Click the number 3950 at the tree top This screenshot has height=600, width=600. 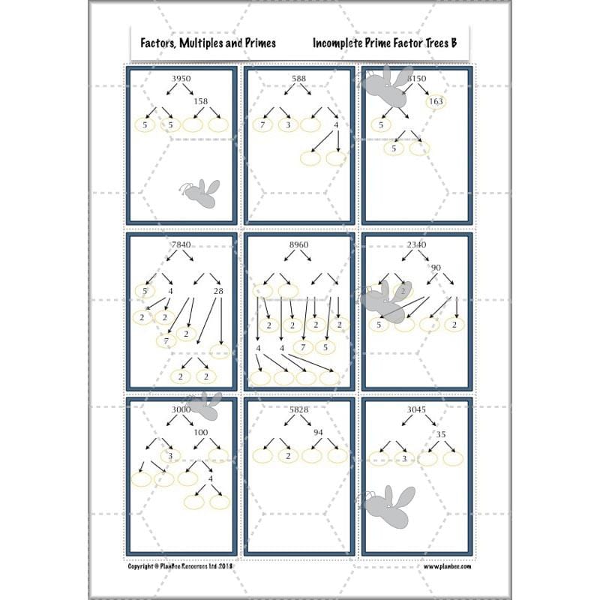tap(181, 78)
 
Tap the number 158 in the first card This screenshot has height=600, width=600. tap(200, 101)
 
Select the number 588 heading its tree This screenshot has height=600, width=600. tap(299, 78)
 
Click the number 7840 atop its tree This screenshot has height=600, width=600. tap(181, 244)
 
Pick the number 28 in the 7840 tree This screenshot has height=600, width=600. tap(218, 291)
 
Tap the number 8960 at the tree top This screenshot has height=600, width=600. tap(299, 244)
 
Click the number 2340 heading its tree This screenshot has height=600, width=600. tap(417, 244)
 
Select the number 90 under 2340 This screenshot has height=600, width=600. tap(436, 268)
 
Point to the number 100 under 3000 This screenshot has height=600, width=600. tap(201, 433)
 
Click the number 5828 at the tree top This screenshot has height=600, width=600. tap(299, 409)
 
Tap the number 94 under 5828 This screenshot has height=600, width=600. tap(318, 433)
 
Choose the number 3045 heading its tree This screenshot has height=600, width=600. tap(417, 409)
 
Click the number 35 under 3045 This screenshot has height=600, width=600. tap(441, 433)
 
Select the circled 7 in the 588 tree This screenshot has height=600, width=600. tap(262, 124)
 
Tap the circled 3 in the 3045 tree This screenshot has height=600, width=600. tap(404, 457)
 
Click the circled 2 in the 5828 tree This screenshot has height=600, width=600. tap(286, 455)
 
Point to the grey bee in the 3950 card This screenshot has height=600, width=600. tap(200, 193)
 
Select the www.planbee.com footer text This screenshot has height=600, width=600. tap(448, 567)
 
